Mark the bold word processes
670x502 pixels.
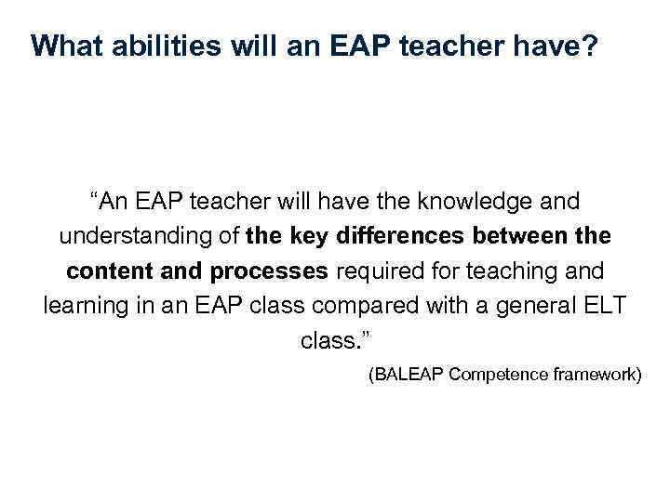(x=270, y=271)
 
